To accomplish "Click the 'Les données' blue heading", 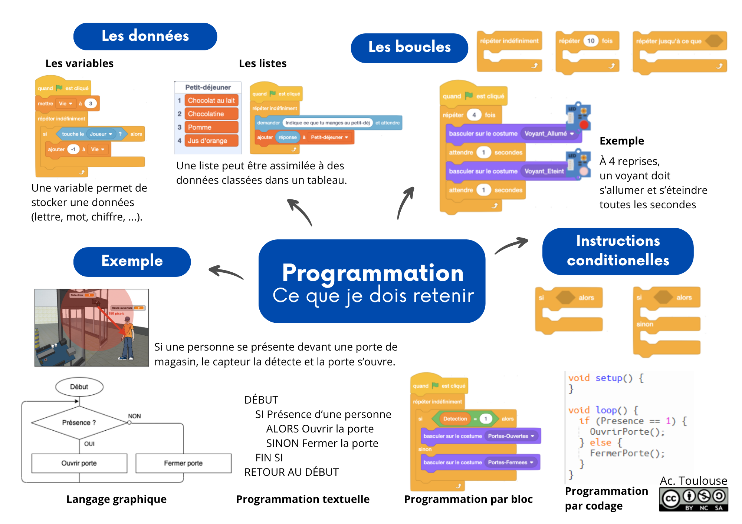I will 145,36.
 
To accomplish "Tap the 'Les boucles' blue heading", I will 409,47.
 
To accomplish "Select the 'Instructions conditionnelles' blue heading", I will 618,251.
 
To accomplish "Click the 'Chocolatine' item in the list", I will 211,114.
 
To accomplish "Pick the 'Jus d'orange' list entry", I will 211,141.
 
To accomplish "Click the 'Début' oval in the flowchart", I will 79,387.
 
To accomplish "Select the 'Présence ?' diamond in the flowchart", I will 79,422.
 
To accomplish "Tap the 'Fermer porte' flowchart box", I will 183,463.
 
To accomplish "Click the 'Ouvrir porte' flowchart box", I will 79,463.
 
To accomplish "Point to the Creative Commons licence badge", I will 693,500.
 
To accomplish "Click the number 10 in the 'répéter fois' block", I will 591,41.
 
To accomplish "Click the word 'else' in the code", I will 600,442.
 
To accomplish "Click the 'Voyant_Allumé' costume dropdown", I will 549,134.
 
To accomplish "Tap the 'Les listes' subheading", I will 263,63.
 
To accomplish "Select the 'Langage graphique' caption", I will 116,499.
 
